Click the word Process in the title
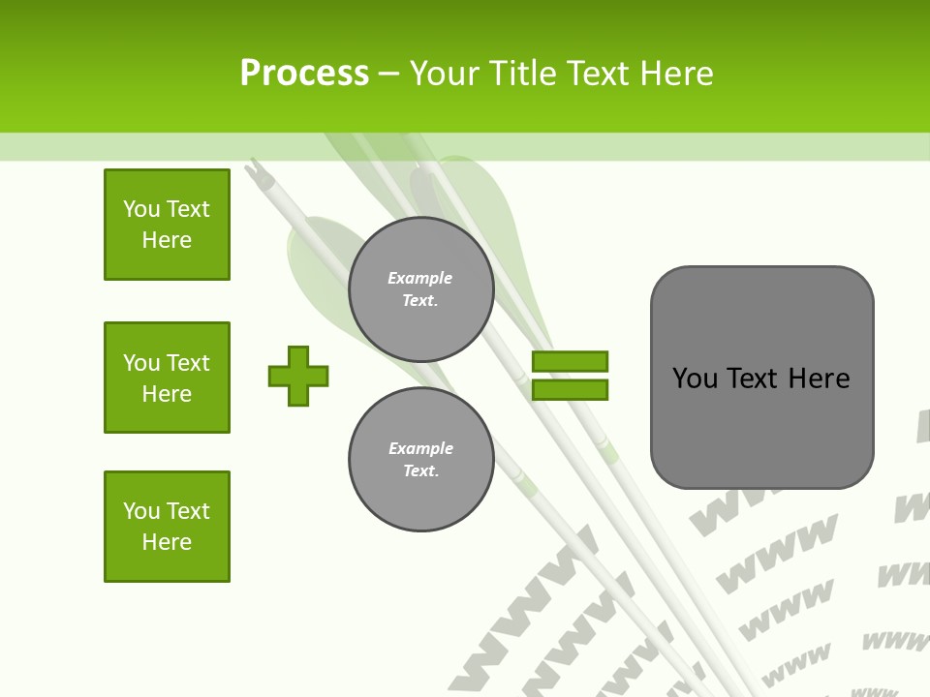point(304,74)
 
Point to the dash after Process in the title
point(388,75)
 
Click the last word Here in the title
point(673,74)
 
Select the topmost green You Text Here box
point(167,225)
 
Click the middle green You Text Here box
point(167,378)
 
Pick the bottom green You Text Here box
point(167,527)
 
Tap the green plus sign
point(298,376)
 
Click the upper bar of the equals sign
point(570,361)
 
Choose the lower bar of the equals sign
point(570,389)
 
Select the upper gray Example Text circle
point(420,288)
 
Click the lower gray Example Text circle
point(420,459)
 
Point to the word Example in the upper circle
point(420,278)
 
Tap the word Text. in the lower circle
point(420,471)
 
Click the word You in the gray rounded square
point(695,378)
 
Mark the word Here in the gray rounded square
point(819,378)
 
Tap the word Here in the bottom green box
point(167,542)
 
